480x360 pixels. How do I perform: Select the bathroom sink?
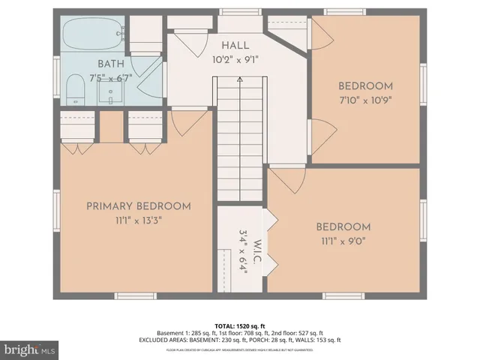click(112, 95)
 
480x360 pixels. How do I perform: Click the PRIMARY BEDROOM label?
click(138, 206)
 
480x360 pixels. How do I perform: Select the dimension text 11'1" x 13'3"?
click(138, 220)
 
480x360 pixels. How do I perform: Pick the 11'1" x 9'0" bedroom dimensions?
click(342, 241)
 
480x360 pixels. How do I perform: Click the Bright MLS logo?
click(31, 349)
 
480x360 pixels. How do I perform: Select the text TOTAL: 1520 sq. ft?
click(240, 326)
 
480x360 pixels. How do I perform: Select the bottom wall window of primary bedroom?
click(136, 295)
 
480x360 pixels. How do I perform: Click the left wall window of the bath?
click(56, 73)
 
